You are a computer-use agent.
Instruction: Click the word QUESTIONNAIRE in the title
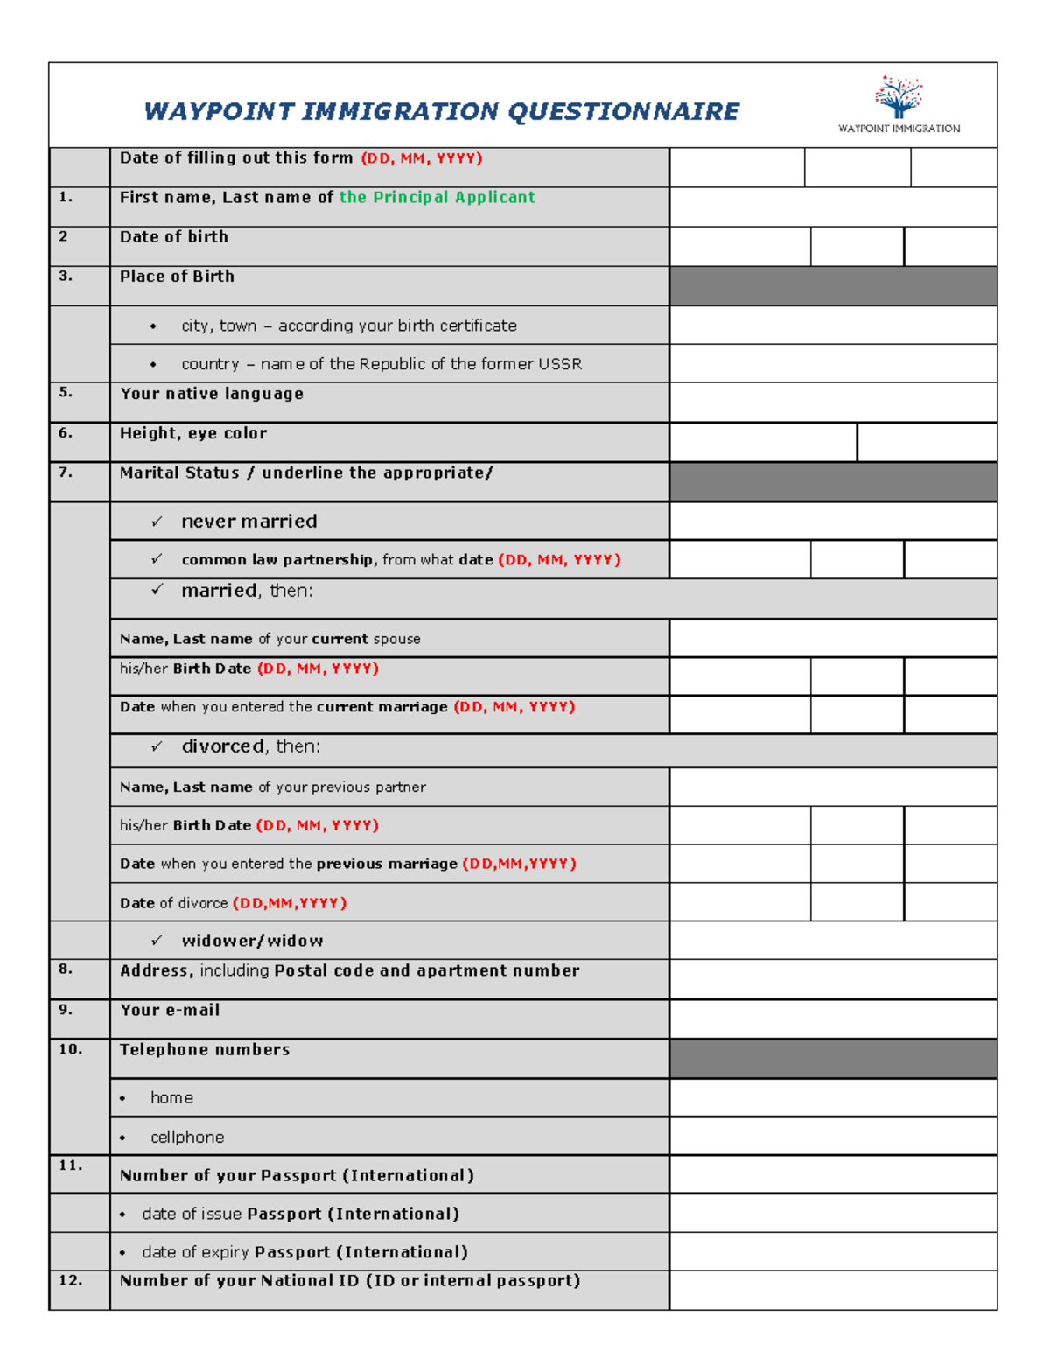[623, 112]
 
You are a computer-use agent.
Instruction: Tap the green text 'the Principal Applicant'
[437, 198]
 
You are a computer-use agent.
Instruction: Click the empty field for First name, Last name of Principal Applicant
[832, 207]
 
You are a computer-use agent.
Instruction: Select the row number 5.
[66, 393]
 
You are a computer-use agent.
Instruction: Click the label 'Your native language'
[212, 394]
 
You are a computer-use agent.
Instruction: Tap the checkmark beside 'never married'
[157, 522]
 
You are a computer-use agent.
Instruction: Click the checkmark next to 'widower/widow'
[157, 941]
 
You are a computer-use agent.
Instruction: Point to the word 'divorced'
[222, 746]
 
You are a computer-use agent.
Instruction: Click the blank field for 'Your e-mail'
[832, 1019]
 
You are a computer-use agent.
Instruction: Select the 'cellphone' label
[187, 1138]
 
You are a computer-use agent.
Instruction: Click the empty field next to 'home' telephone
[832, 1097]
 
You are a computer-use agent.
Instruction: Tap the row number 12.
[70, 1281]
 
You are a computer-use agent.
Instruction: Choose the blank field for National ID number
[832, 1291]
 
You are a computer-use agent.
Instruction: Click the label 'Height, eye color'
[193, 433]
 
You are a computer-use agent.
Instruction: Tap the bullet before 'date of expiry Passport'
[122, 1253]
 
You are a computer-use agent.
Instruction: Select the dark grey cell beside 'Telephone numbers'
[832, 1059]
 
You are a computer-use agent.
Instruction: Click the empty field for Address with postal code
[832, 979]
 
